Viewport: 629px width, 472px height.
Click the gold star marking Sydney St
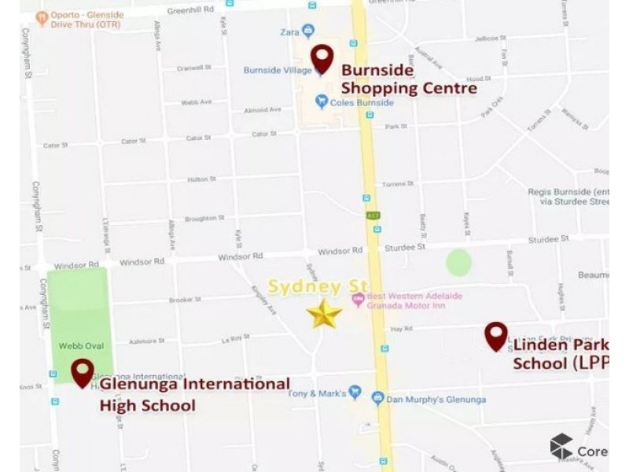coord(324,314)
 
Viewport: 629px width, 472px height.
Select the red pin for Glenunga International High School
coord(83,372)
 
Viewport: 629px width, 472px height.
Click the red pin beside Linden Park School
coord(495,336)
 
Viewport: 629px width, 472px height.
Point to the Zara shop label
coord(290,31)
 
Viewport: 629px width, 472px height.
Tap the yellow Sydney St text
coord(307,286)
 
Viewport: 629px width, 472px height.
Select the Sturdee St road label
coord(405,247)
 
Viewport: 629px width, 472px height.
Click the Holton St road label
coord(196,179)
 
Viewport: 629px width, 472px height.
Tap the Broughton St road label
coord(204,219)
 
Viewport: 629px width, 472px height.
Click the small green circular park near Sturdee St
coord(458,262)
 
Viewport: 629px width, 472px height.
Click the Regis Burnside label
coord(568,192)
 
